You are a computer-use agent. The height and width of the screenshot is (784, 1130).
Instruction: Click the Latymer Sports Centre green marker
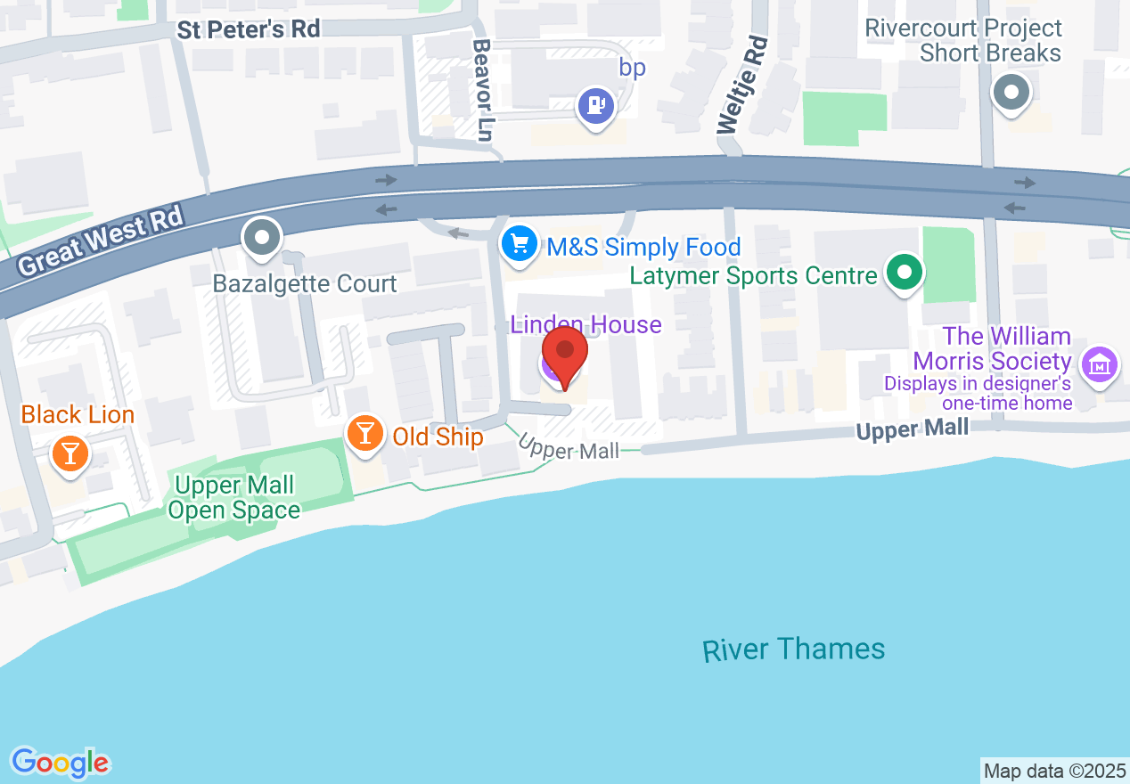pyautogui.click(x=905, y=274)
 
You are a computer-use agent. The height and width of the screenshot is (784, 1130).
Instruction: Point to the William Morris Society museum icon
pyautogui.click(x=1100, y=364)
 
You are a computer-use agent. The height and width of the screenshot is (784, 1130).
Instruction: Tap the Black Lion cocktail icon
pyautogui.click(x=70, y=453)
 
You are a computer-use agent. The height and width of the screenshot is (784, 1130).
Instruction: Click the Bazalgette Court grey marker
pyautogui.click(x=262, y=238)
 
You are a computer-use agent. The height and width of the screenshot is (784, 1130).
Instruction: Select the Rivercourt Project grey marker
pyautogui.click(x=1011, y=92)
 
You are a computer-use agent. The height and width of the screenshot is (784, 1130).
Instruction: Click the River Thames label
pyautogui.click(x=793, y=649)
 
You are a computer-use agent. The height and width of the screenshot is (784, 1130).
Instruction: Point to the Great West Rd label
pyautogui.click(x=100, y=241)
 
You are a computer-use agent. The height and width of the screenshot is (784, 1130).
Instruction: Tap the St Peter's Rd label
pyautogui.click(x=248, y=29)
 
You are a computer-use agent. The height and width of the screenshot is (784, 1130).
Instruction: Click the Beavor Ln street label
pyautogui.click(x=483, y=90)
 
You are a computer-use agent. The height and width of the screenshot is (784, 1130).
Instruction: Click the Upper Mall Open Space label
pyautogui.click(x=234, y=497)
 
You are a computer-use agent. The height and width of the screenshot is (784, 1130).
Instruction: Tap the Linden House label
pyautogui.click(x=585, y=324)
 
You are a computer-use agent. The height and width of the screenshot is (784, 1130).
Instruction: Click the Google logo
pyautogui.click(x=60, y=762)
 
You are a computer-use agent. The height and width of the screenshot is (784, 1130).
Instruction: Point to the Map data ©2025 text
pyautogui.click(x=1054, y=771)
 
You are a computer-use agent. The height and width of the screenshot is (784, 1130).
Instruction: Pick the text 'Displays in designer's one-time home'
pyautogui.click(x=978, y=394)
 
